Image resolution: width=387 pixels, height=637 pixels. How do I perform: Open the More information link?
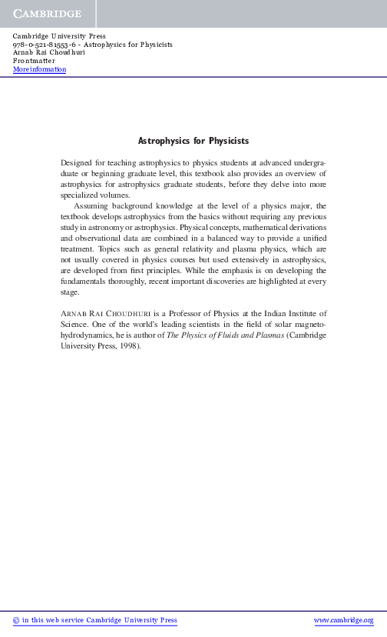(40, 69)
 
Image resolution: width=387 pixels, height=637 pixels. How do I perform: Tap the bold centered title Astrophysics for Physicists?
(193, 142)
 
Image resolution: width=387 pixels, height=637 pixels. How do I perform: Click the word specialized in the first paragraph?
(81, 195)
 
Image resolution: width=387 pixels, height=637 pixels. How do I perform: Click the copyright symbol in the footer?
(17, 620)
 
